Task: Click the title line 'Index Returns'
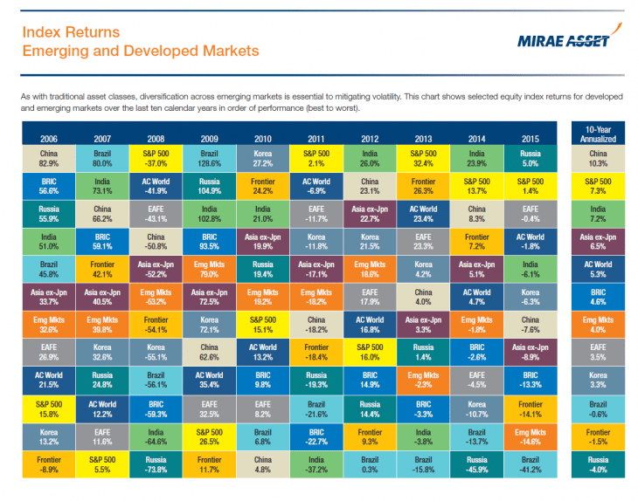pyautogui.click(x=70, y=33)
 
